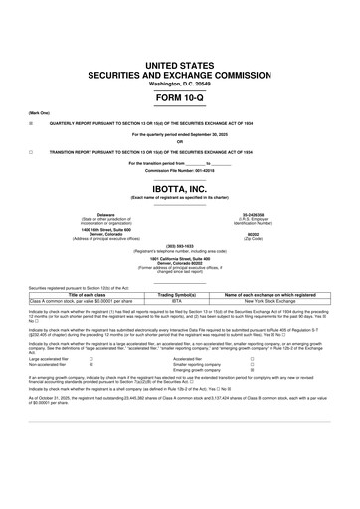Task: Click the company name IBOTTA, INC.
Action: pyautogui.click(x=179, y=191)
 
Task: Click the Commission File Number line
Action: pyautogui.click(x=179, y=171)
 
